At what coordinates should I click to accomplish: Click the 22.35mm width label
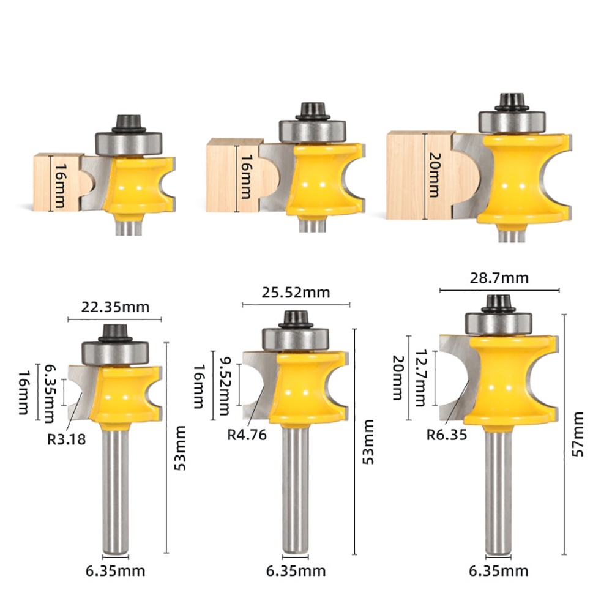point(115,307)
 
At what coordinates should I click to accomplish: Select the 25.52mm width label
point(296,293)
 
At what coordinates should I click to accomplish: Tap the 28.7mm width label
point(499,278)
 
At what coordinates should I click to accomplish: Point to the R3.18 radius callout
point(66,439)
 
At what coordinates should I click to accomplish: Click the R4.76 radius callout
point(247,435)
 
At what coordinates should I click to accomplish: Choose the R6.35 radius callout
point(447,435)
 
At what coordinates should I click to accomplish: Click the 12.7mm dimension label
point(420,378)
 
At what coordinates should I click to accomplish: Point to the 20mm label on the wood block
point(434,174)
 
